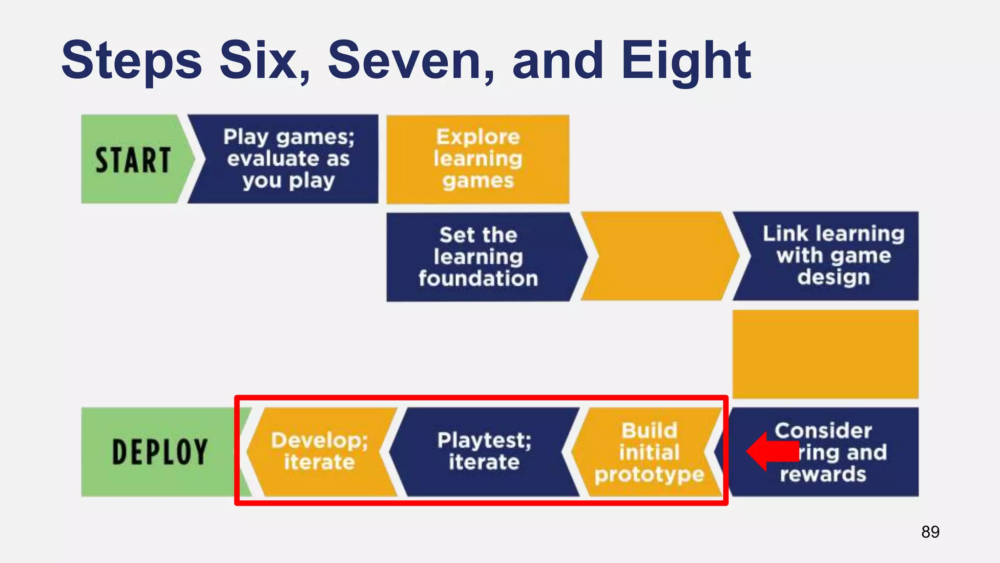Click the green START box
click(x=132, y=159)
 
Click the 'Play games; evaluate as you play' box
click(x=288, y=159)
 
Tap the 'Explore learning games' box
click(x=478, y=159)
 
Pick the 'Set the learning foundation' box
click(x=479, y=257)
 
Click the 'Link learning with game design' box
click(x=833, y=256)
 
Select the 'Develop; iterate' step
click(x=320, y=452)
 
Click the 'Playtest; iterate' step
click(x=483, y=452)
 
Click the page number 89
click(x=930, y=532)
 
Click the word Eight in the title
click(x=686, y=61)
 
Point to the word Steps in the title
click(x=131, y=61)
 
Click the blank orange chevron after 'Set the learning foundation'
click(x=659, y=256)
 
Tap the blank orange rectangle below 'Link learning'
click(x=825, y=354)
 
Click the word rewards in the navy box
click(x=823, y=475)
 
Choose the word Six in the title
click(x=264, y=61)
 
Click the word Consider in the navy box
click(x=823, y=431)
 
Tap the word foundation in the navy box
click(x=478, y=279)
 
